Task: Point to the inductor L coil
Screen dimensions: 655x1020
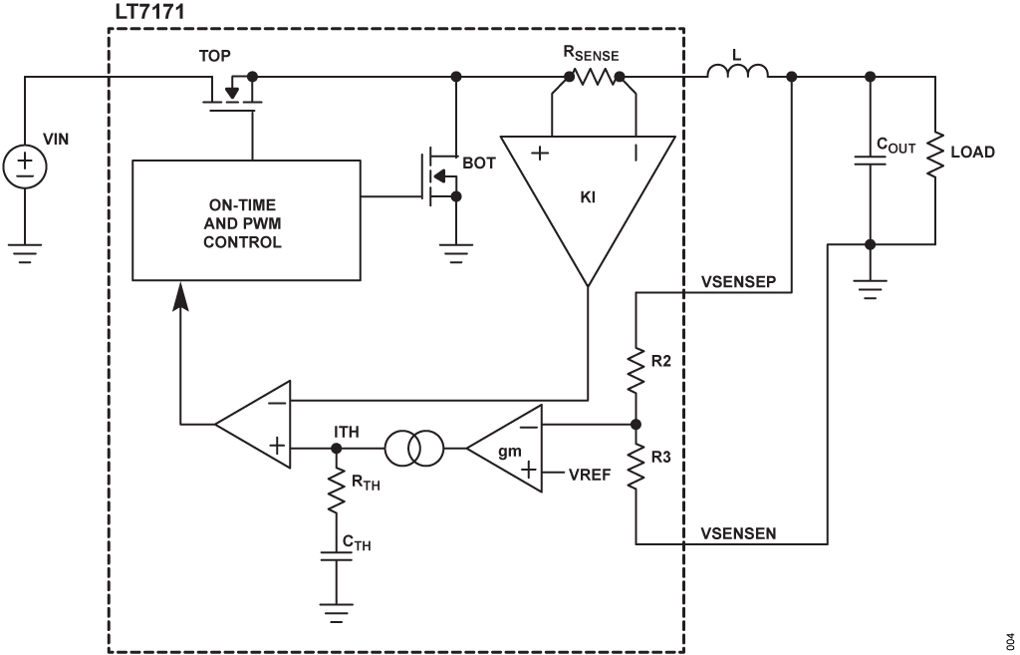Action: (x=737, y=73)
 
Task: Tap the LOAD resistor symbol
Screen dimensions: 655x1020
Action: (x=934, y=155)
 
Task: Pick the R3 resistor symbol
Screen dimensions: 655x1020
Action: (x=635, y=468)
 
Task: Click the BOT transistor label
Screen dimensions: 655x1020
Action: (x=478, y=163)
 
